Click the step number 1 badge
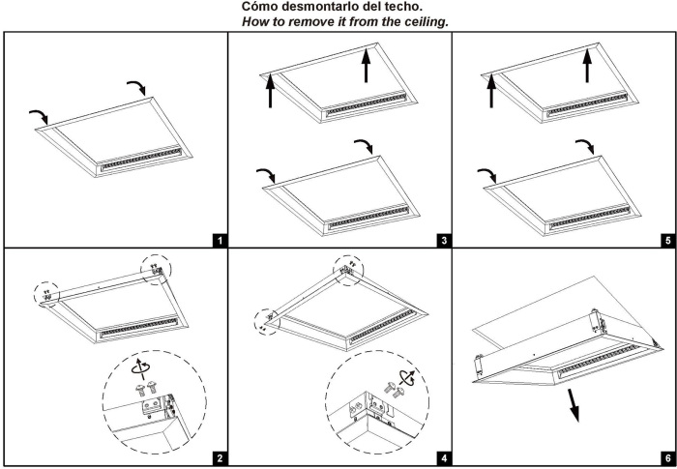[x=219, y=238]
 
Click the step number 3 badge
[x=443, y=238]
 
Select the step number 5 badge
[x=665, y=238]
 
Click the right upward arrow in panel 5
[x=589, y=69]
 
